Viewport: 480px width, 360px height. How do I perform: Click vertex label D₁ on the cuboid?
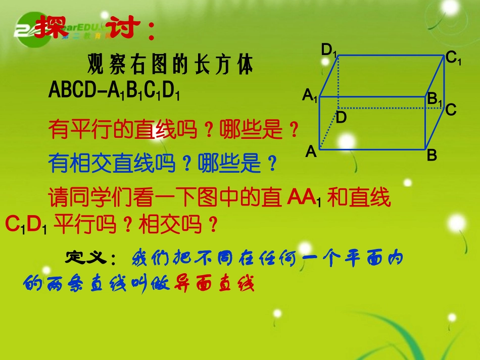329,50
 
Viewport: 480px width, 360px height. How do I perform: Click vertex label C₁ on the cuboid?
453,58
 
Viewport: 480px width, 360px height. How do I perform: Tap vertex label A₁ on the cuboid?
310,95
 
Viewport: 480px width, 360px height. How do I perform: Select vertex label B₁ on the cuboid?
435,99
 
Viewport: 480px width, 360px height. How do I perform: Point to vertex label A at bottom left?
311,151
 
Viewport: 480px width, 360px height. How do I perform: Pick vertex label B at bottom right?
431,156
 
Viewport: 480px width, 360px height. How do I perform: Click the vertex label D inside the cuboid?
342,118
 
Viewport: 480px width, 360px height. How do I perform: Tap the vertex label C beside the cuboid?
451,110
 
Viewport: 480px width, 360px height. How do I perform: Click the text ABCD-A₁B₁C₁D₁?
115,90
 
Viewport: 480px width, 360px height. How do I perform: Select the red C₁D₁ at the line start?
26,224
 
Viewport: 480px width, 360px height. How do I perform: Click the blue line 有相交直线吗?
114,164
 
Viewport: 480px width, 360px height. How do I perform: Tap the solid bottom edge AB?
371,150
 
